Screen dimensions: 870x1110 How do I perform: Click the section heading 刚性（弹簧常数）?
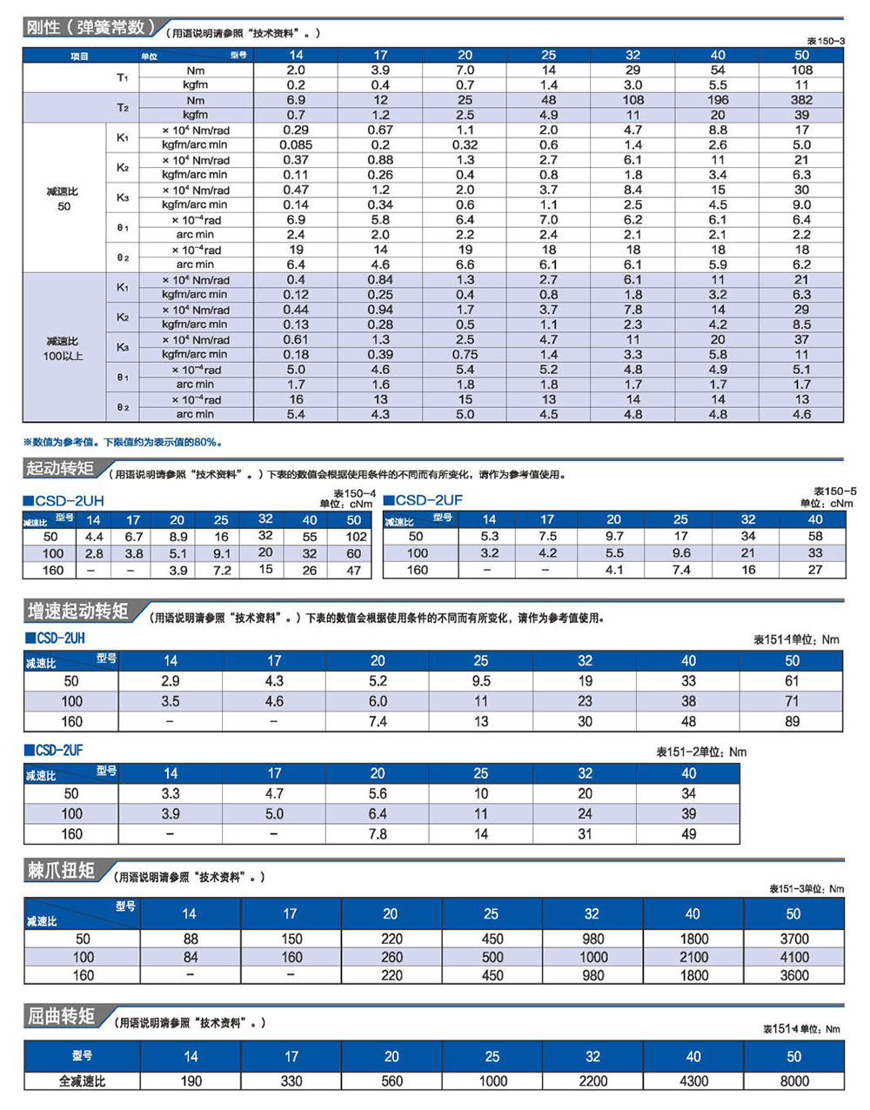(x=90, y=27)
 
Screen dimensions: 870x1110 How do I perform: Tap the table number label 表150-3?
(x=826, y=42)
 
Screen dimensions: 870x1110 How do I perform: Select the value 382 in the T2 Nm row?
(x=801, y=100)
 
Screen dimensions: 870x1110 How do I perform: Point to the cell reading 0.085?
(x=295, y=145)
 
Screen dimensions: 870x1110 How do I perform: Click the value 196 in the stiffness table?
(x=717, y=100)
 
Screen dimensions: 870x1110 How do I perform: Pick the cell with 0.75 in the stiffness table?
(x=465, y=355)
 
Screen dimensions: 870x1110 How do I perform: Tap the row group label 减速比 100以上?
(x=63, y=348)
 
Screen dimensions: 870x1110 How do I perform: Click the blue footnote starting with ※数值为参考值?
(x=123, y=443)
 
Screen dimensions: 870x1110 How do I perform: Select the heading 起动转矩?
(x=60, y=468)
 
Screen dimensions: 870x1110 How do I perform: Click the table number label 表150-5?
(x=834, y=491)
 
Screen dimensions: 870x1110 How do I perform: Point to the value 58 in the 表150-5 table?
(x=815, y=537)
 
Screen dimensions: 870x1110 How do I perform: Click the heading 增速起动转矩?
(x=77, y=611)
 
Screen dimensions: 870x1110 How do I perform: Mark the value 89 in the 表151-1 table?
(x=792, y=721)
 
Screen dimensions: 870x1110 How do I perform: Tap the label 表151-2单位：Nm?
(x=701, y=752)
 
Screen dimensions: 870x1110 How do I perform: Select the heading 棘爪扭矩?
(x=61, y=871)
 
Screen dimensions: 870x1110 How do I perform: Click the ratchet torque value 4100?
(x=794, y=957)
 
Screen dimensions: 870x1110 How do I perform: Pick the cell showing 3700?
(x=794, y=939)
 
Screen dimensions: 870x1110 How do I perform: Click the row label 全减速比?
(x=82, y=1081)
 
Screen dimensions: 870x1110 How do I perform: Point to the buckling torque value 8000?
(x=794, y=1081)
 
